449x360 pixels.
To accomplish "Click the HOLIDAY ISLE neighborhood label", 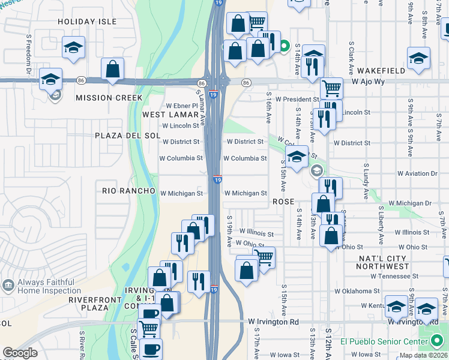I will (87, 22).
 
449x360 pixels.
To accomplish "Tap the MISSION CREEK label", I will (109, 98).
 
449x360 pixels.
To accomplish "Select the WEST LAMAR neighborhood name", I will (170, 114).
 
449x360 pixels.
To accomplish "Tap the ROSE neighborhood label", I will (283, 202).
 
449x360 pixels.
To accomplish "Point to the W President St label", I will (293, 99).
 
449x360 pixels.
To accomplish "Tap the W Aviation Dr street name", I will (417, 173).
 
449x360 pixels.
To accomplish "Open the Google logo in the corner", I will (20, 353).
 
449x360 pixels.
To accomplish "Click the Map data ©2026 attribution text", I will (423, 355).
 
